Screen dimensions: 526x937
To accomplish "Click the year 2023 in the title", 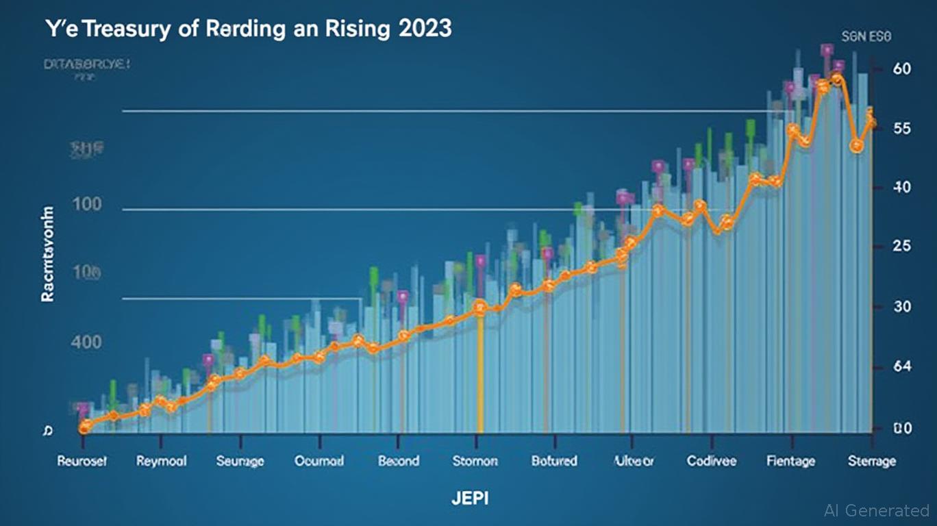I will click(423, 31).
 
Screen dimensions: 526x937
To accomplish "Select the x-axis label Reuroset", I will click(82, 461).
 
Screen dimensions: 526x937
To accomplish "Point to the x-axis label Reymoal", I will click(161, 461).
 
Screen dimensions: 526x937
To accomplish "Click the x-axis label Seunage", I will click(240, 461).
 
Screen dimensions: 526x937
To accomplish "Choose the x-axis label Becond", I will click(398, 461).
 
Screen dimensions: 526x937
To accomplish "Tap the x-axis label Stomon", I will click(475, 461).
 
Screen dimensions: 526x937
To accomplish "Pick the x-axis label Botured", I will click(554, 461).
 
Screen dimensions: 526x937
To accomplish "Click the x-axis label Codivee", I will click(712, 461).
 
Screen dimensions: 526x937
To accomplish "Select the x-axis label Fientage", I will click(790, 461).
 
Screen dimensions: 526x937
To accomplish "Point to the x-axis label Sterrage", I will click(871, 461).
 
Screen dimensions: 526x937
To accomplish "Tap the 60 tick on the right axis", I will click(902, 68).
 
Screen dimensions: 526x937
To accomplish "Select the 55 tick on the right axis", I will click(902, 128).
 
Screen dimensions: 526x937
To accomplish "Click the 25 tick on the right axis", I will click(902, 247).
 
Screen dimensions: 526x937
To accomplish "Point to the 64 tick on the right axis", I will click(902, 367).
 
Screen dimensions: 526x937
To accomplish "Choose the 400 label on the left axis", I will click(86, 342).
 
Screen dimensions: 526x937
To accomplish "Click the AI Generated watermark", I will click(877, 510).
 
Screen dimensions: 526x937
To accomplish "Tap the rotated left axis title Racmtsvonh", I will click(48, 253).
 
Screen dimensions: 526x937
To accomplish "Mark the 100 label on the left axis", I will click(86, 204).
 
